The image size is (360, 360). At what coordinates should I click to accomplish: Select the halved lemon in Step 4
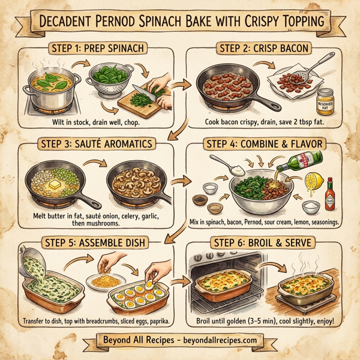point(313,182)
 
